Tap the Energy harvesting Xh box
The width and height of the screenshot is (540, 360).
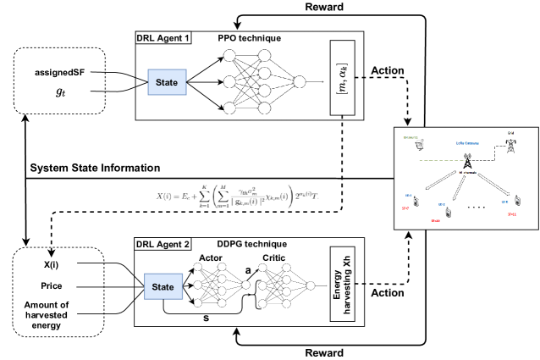tap(344, 289)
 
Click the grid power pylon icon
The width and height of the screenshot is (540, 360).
tap(511, 142)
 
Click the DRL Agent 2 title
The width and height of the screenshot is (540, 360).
tap(162, 243)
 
